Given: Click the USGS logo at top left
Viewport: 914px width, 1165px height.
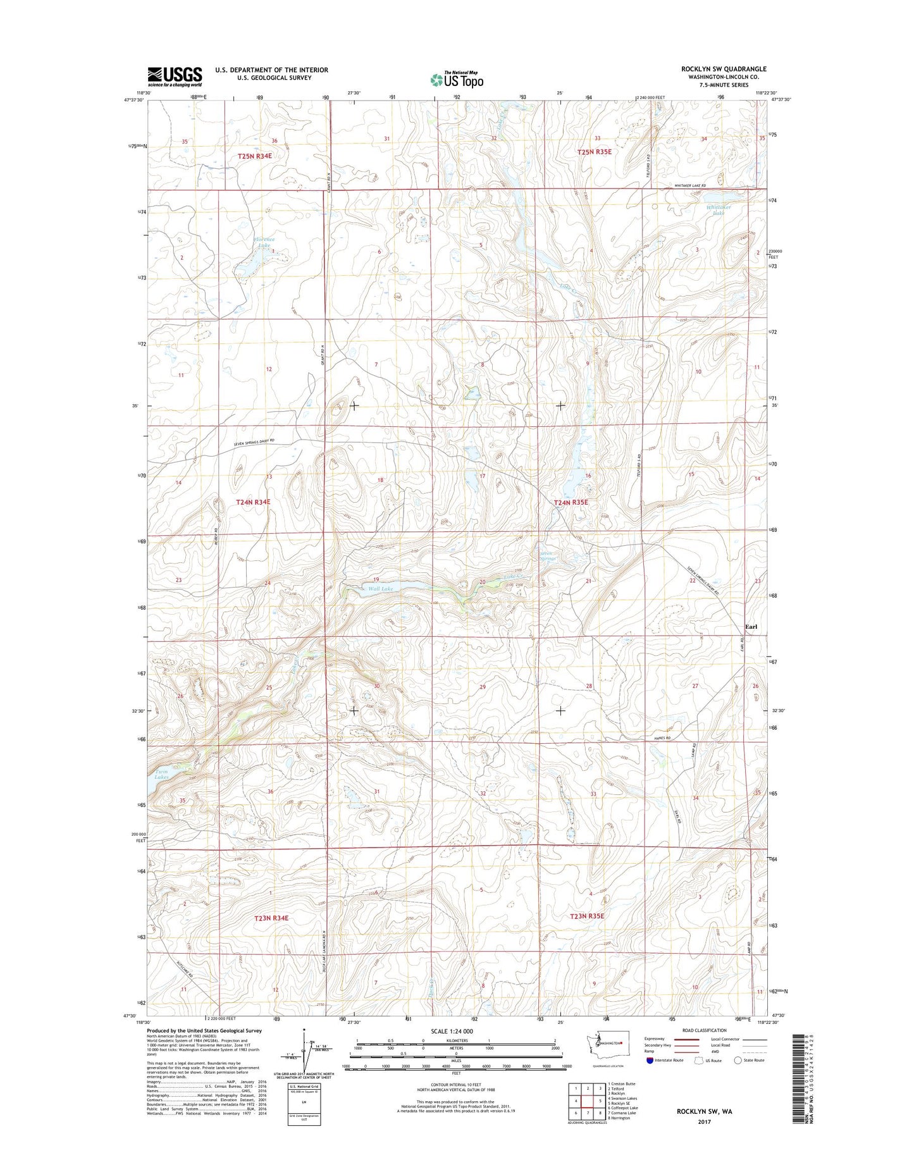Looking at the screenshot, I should click(x=175, y=77).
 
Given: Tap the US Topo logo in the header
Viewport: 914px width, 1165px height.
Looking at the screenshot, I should click(x=457, y=80).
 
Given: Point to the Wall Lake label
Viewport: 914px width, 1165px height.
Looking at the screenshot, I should click(x=381, y=589).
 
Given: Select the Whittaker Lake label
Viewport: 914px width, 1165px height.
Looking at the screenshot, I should click(x=719, y=210).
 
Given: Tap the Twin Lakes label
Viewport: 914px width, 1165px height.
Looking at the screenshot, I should click(x=159, y=775).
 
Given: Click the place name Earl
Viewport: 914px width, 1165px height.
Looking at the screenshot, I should click(x=751, y=627).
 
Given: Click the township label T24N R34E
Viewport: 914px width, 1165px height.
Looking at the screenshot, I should click(x=253, y=502).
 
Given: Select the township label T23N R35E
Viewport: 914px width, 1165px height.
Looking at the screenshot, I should click(x=587, y=916).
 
